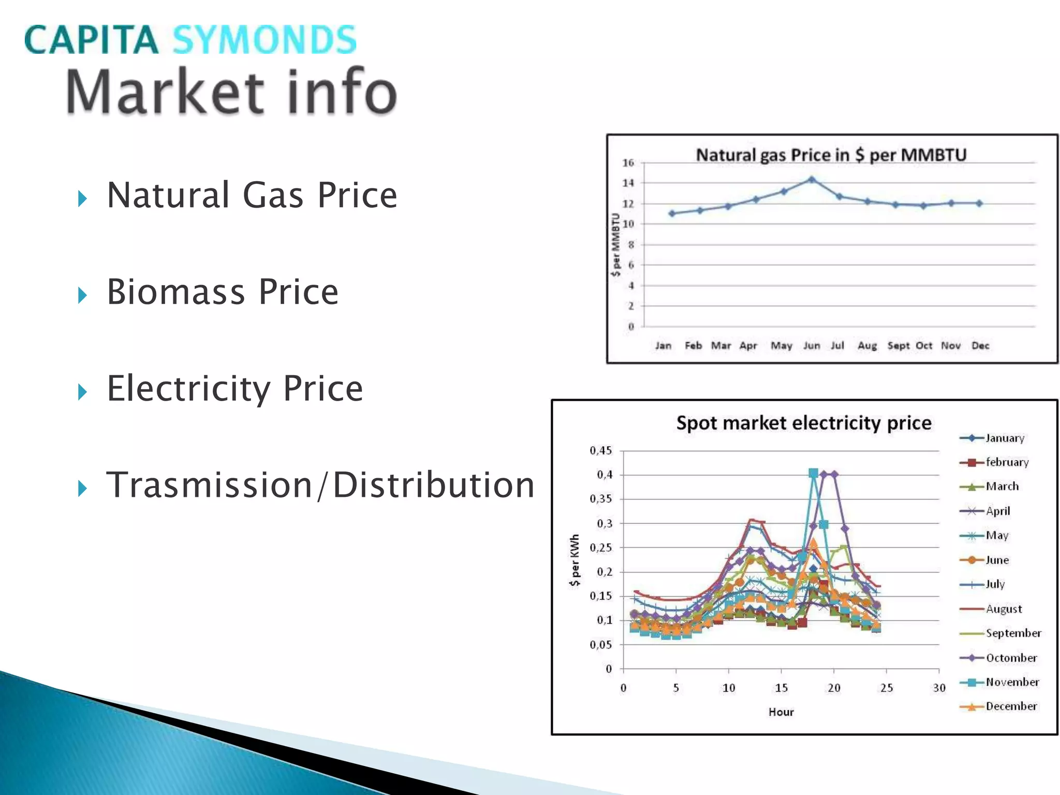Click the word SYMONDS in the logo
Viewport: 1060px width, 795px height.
click(x=264, y=40)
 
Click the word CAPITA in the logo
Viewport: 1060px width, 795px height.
click(x=91, y=40)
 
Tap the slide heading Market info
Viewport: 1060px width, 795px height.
click(x=231, y=92)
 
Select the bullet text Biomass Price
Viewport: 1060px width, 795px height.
click(x=223, y=292)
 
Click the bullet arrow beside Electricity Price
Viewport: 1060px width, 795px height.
click(x=82, y=392)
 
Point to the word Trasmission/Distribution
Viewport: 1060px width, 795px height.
click(x=320, y=485)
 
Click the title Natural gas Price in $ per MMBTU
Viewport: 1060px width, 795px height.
click(x=831, y=155)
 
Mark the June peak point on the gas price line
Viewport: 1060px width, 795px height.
click(x=812, y=180)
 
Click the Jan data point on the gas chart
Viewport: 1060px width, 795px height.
click(x=672, y=213)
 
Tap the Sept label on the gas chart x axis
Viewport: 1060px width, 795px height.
click(x=898, y=346)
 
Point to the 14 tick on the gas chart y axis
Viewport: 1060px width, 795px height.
click(x=628, y=183)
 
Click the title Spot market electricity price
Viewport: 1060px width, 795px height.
click(x=803, y=423)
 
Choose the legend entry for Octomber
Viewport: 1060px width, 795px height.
click(x=1011, y=658)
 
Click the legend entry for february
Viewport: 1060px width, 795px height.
click(x=1007, y=462)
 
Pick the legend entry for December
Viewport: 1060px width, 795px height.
click(x=1011, y=706)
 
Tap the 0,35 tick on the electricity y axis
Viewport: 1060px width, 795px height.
click(x=600, y=499)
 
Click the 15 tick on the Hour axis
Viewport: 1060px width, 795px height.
click(x=781, y=688)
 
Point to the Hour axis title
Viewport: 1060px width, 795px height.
click(x=781, y=712)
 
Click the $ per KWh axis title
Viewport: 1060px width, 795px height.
click(x=575, y=561)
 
